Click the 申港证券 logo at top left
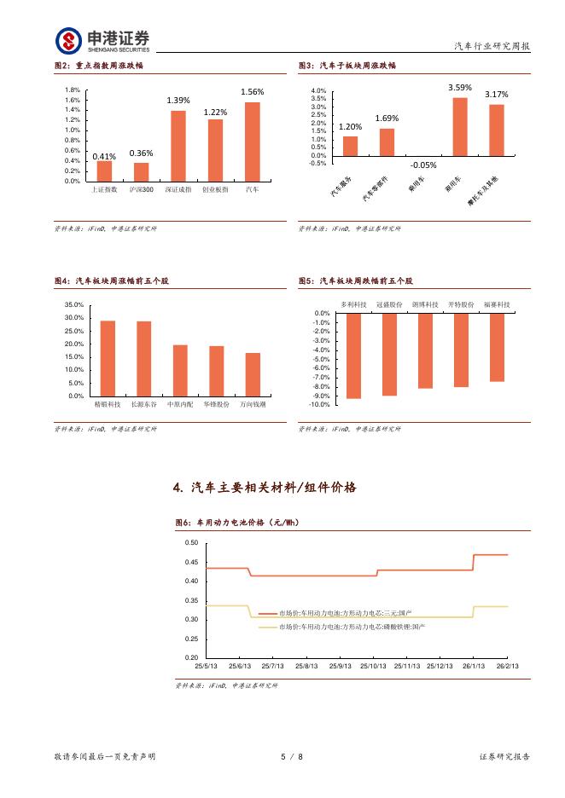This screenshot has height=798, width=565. click(x=102, y=39)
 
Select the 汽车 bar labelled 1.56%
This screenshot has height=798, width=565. click(x=253, y=142)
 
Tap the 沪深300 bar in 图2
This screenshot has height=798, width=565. click(x=141, y=171)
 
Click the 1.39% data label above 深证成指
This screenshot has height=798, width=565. click(x=178, y=101)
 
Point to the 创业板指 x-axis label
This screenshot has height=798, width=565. click(x=215, y=189)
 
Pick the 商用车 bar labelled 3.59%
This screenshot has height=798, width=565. click(x=460, y=127)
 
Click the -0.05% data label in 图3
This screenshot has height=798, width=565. click(x=423, y=165)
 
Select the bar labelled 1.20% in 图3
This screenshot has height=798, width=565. click(x=350, y=146)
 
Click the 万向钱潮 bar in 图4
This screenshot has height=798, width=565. click(x=253, y=374)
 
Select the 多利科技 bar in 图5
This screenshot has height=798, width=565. click(x=353, y=356)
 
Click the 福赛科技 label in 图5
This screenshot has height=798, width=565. click(x=497, y=304)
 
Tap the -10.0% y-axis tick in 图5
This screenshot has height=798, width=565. click(x=320, y=405)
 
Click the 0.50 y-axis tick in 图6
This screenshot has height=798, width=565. click(x=191, y=543)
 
